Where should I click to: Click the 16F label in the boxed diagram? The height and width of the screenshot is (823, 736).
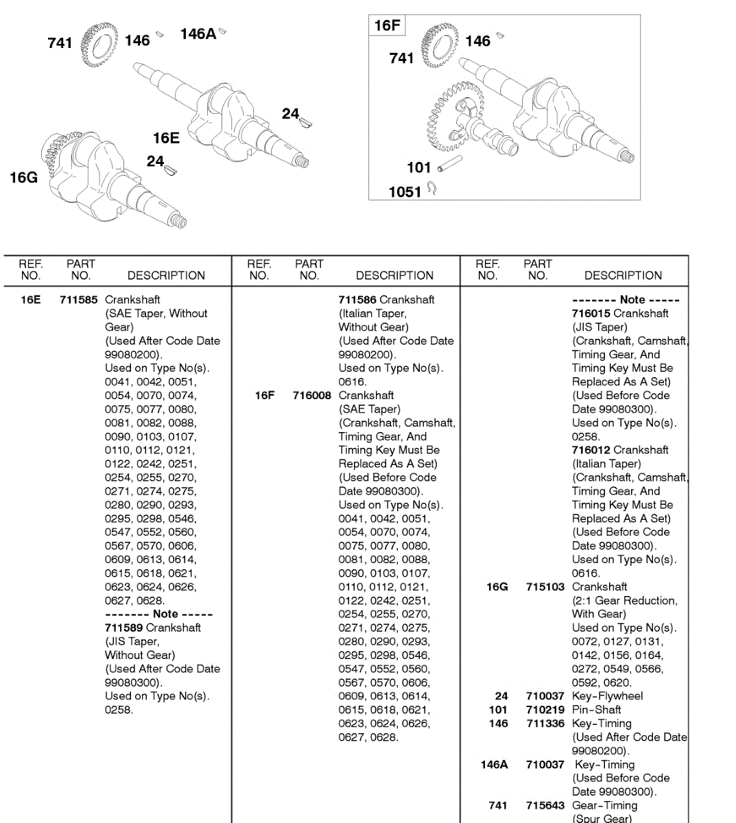tap(387, 26)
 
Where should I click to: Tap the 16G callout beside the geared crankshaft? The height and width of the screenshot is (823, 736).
tap(23, 178)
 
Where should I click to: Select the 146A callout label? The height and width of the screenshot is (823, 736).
tap(198, 34)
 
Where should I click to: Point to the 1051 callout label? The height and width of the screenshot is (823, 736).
tap(405, 192)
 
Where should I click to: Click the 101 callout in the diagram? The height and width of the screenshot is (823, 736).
tap(418, 167)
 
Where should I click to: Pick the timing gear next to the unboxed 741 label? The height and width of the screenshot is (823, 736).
tap(95, 45)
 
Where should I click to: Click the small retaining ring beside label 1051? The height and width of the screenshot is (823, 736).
tap(431, 187)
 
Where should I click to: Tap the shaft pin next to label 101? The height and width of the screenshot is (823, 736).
tap(450, 163)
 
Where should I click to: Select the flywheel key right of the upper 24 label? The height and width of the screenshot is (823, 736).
tap(306, 122)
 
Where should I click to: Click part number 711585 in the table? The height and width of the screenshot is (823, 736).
tap(78, 300)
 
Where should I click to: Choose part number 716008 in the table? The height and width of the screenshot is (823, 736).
tap(311, 396)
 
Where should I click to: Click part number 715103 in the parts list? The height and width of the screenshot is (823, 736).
tap(545, 587)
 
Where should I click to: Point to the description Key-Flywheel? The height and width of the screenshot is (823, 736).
tap(607, 696)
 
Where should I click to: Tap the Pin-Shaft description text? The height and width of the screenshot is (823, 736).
tap(596, 710)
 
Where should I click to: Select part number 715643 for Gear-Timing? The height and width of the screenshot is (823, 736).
tap(545, 806)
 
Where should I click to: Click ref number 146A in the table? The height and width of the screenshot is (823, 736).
tap(494, 765)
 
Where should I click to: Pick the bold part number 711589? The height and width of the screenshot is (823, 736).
tap(123, 628)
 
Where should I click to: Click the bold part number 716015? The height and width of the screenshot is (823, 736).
tap(591, 313)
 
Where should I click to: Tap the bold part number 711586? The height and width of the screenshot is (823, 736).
tap(357, 300)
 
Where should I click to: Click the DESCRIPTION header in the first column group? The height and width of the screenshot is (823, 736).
tap(166, 276)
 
